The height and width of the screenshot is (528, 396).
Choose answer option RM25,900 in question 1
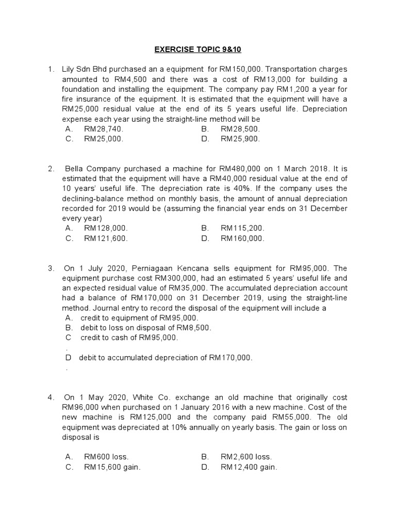pyautogui.click(x=240, y=139)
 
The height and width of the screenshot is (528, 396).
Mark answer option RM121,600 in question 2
pyautogui.click(x=106, y=238)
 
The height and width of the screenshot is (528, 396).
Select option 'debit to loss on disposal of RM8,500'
pyautogui.click(x=145, y=328)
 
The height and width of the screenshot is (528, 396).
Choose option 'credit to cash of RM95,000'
pyautogui.click(x=129, y=338)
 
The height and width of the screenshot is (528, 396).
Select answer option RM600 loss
pyautogui.click(x=106, y=457)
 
